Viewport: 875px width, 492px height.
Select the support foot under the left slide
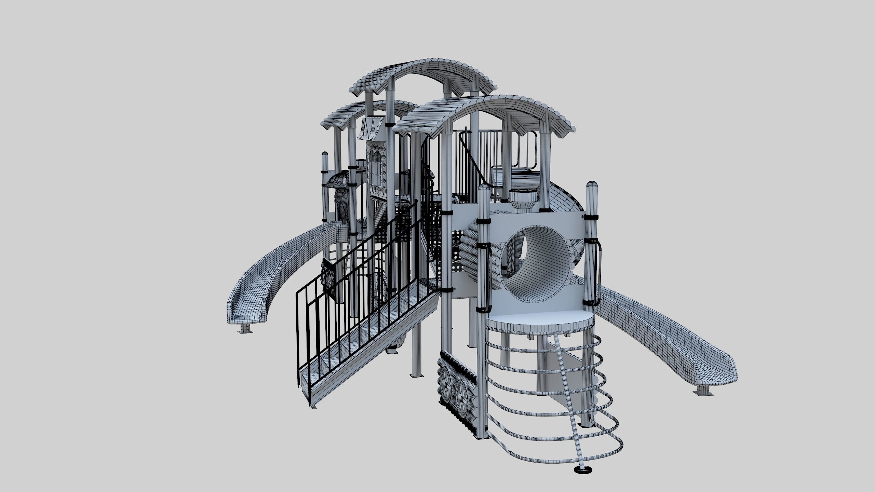click(245, 329)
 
